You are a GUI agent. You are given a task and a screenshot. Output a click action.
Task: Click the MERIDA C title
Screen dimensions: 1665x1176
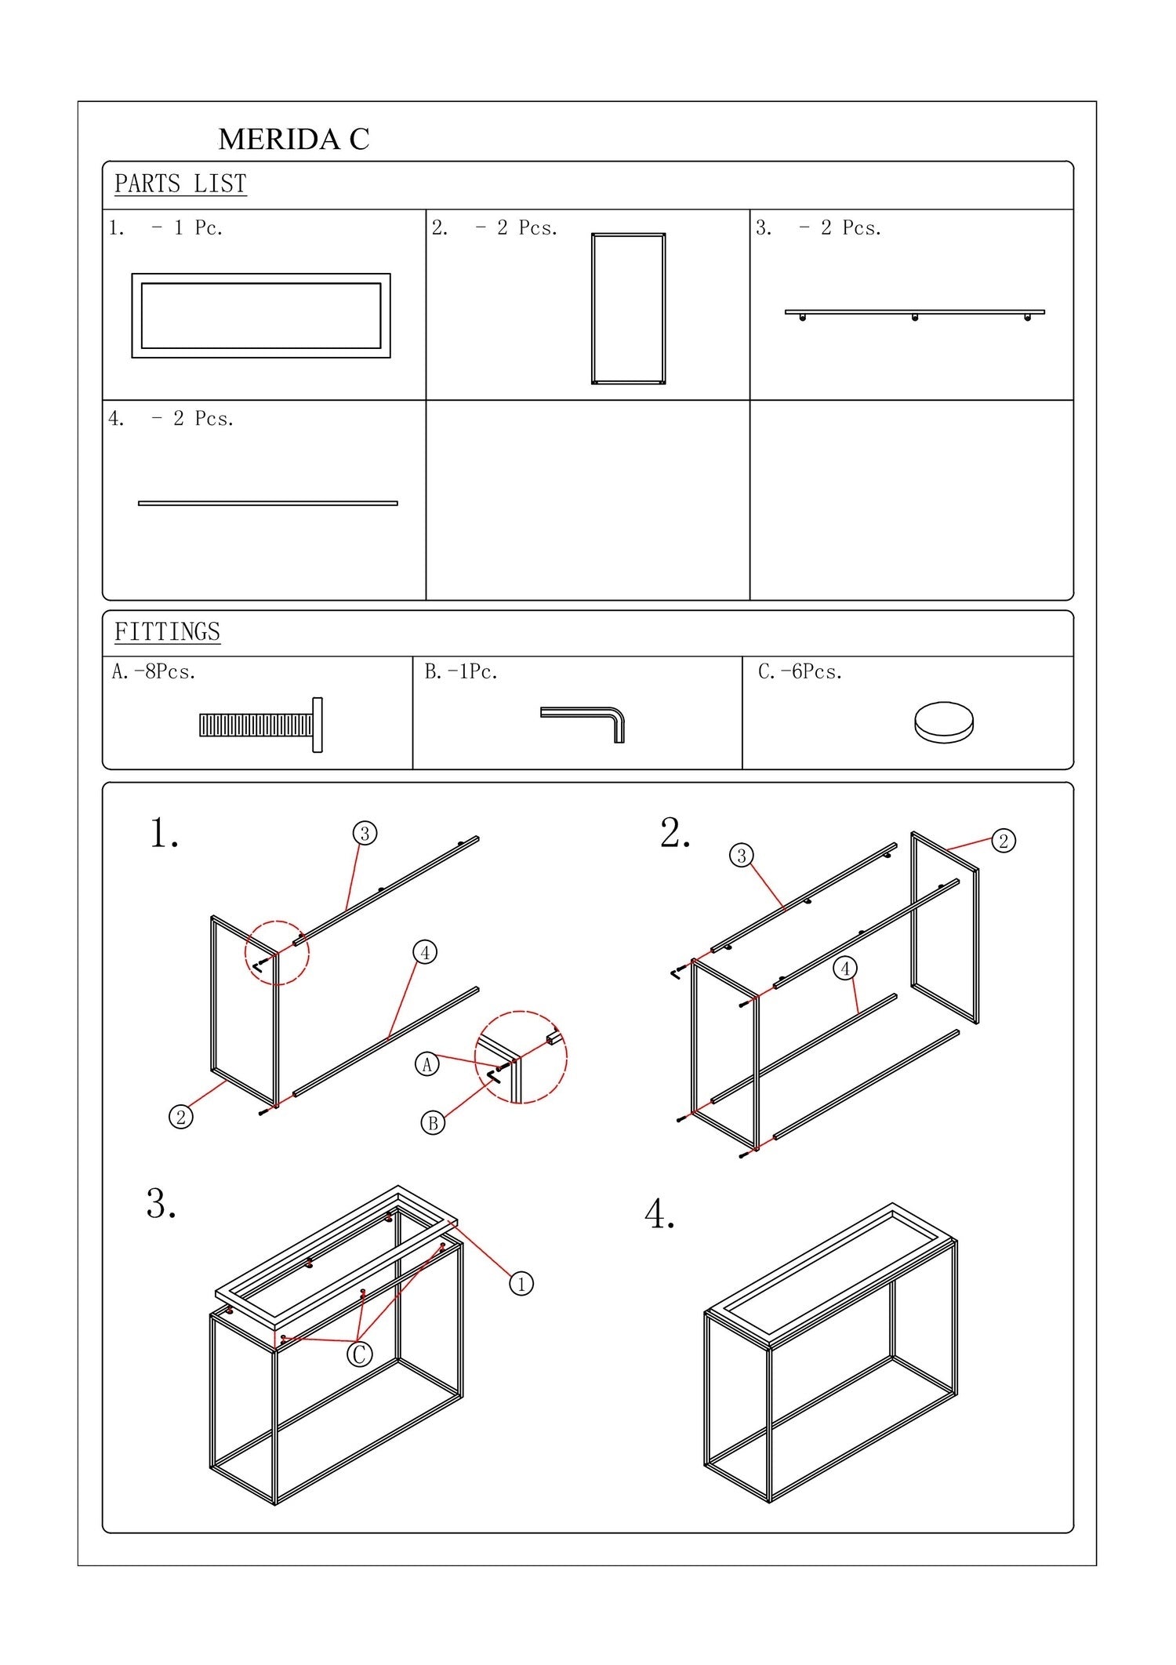tap(293, 140)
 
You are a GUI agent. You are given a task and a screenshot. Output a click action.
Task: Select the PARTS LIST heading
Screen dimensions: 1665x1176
tap(180, 184)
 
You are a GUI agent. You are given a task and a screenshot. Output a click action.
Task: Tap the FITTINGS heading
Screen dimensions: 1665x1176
tap(167, 632)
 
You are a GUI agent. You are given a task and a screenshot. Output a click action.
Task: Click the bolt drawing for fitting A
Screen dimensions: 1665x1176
tap(261, 725)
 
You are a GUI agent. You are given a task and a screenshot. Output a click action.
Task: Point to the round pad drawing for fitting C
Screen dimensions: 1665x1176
tap(944, 722)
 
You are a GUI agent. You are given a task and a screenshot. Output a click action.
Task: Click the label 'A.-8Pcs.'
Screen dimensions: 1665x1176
tap(154, 672)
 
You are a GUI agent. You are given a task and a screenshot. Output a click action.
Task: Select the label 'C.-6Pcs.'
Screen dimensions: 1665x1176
tap(800, 672)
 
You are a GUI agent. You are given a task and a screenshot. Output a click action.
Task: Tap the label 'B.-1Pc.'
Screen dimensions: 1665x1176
tap(461, 672)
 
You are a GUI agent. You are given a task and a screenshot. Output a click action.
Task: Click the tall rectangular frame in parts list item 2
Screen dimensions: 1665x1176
tap(628, 308)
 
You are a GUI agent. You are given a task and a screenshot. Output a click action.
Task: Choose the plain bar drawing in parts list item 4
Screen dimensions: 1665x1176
tap(267, 503)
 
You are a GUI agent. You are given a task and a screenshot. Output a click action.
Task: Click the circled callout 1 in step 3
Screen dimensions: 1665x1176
tap(521, 1284)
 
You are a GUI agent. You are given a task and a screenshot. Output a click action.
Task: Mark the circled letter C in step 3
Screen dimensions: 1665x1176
tap(360, 1354)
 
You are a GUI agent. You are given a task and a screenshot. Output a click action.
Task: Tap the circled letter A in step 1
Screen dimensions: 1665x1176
tap(426, 1064)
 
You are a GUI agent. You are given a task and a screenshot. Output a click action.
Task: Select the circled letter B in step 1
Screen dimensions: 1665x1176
tap(433, 1123)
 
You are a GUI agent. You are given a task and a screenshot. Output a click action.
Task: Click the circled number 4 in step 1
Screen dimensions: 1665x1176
tap(425, 952)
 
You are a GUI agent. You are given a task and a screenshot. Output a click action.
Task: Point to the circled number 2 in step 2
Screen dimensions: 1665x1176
tap(1004, 841)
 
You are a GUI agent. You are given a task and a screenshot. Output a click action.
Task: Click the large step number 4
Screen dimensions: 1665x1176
tap(659, 1215)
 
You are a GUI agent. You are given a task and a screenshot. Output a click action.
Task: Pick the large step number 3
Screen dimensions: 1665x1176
tap(161, 1204)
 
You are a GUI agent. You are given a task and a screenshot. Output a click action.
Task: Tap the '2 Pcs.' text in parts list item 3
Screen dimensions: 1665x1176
tap(851, 228)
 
